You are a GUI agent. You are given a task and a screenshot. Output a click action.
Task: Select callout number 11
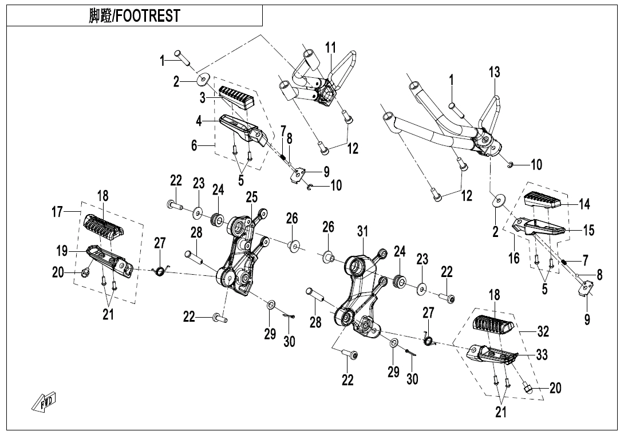[x=331, y=48]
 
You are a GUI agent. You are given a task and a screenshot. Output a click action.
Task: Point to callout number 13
[x=494, y=72]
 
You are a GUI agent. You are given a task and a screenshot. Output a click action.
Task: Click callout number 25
[x=252, y=198]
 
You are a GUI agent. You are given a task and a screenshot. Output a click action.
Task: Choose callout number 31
[x=362, y=231]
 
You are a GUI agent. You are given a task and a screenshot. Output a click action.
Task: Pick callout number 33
[x=542, y=355]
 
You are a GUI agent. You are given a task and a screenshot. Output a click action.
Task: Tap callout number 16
[x=514, y=258]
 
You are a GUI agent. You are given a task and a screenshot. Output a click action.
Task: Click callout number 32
[x=543, y=331]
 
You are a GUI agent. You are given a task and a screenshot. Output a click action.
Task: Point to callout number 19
[x=62, y=251]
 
